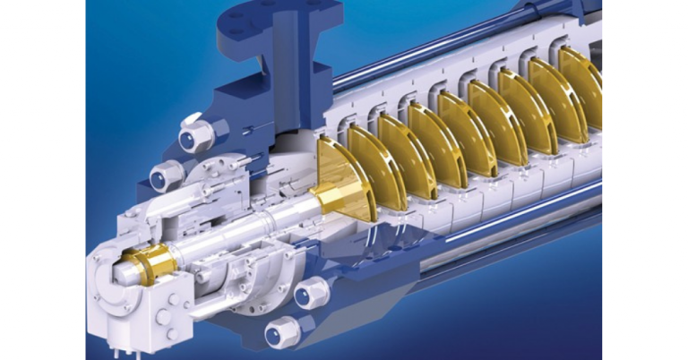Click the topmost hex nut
click(x=196, y=135)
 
